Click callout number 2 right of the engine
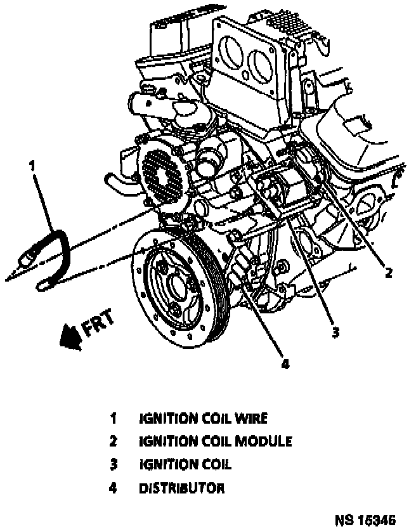pos(388,273)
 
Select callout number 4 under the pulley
pos(285,364)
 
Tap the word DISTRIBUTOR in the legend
pos(181,488)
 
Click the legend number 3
pos(114,465)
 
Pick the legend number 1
pos(114,419)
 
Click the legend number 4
pos(114,488)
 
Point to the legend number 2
pos(114,441)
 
